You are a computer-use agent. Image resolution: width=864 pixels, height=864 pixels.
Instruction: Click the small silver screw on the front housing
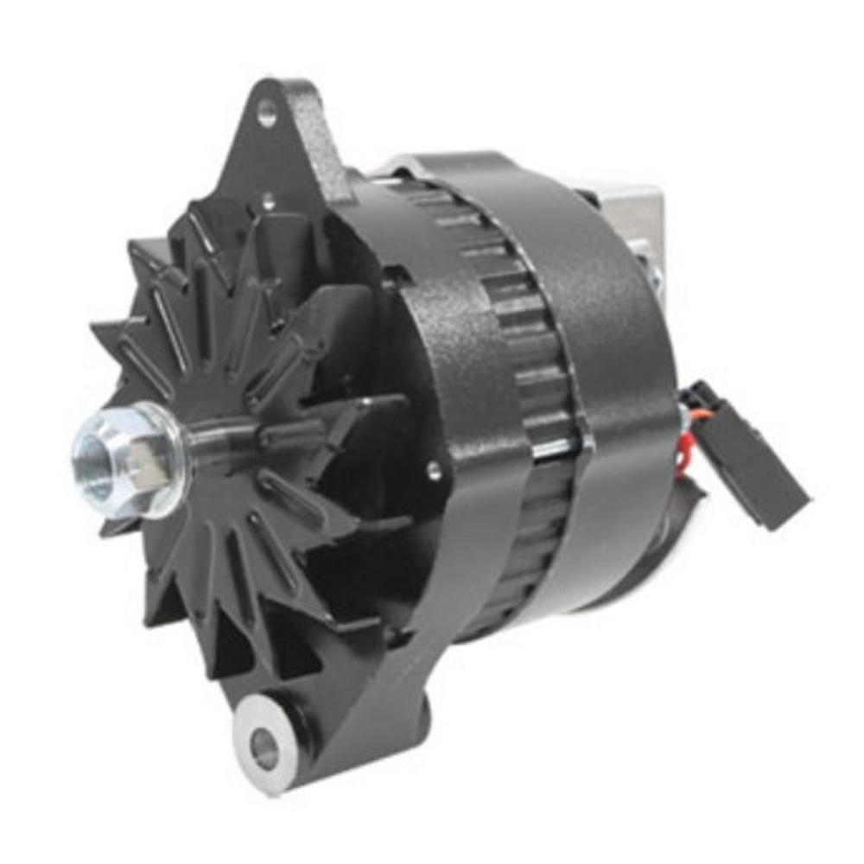[435, 471]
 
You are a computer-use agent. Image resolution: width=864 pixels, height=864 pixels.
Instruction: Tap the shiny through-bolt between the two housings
[553, 448]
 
